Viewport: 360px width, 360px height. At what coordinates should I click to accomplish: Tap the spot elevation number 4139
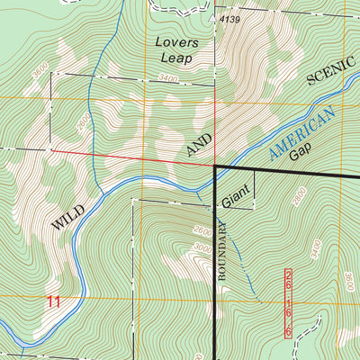(229, 19)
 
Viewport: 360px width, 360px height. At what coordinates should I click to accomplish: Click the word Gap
(301, 153)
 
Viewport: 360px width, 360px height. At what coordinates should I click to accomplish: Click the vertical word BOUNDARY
(225, 251)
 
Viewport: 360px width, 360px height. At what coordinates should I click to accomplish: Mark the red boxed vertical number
(289, 302)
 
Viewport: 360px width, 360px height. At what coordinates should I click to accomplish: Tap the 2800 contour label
(300, 195)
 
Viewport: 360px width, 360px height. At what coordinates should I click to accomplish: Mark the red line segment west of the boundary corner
(135, 158)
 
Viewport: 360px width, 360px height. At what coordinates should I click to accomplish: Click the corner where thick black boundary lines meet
(217, 166)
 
